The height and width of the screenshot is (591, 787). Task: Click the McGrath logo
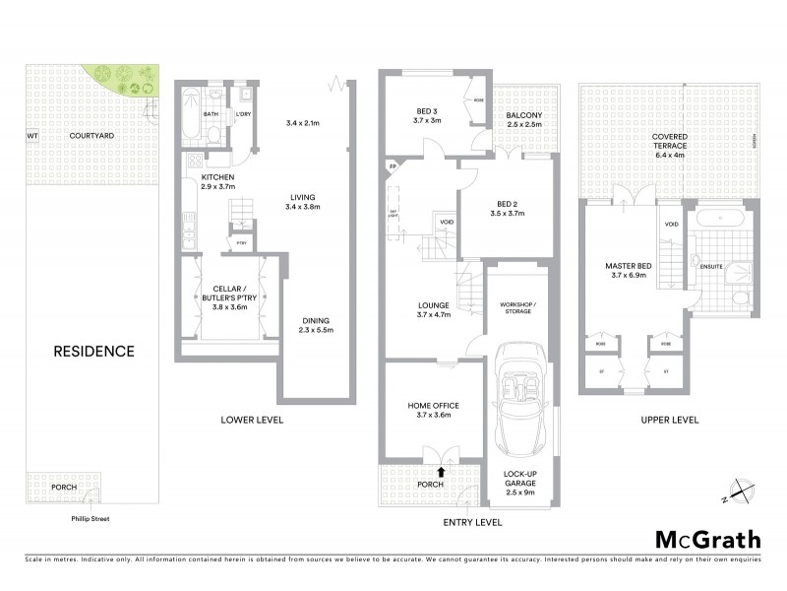707,539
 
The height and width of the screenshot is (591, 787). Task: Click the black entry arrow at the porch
441,473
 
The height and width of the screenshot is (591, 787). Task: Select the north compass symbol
740,489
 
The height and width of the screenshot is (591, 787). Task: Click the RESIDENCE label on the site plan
93,351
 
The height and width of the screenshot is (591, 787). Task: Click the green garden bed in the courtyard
117,80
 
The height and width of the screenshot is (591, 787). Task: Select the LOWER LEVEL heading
252,420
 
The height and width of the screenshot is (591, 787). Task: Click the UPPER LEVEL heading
669,420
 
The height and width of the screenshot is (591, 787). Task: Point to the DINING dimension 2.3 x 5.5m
315,331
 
